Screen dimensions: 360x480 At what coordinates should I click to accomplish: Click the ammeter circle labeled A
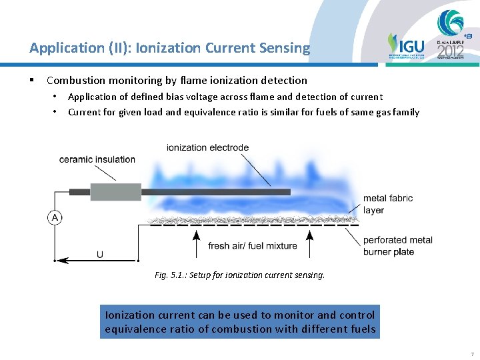point(54,217)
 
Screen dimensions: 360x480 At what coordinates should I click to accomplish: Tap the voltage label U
point(100,254)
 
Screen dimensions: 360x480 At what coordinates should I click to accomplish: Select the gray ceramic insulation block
point(115,192)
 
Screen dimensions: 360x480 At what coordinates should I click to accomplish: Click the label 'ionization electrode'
point(207,147)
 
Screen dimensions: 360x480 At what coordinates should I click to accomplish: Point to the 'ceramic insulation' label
point(97,159)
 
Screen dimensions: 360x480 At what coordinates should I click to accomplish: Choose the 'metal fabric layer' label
point(387,204)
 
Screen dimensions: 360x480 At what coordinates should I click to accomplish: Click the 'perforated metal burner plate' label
point(397,245)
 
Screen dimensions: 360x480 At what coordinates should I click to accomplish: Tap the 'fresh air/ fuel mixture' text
point(253,246)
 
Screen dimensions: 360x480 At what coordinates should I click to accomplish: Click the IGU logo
point(405,46)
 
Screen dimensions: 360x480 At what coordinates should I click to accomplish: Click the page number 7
point(471,353)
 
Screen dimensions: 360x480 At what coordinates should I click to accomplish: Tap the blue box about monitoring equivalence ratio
point(240,321)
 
